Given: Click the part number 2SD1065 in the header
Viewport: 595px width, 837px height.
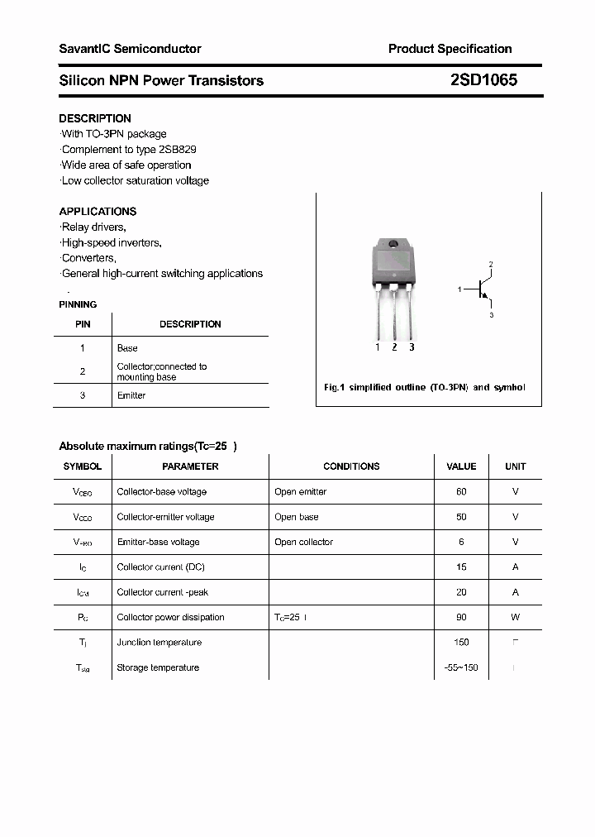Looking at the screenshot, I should (x=483, y=80).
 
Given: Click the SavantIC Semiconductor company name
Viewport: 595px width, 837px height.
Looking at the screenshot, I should (x=130, y=49).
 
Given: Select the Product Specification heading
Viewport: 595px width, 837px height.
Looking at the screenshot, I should (x=450, y=49).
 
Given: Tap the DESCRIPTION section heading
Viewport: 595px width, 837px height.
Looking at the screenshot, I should (x=95, y=118).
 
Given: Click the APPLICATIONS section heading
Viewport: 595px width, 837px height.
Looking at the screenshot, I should (x=98, y=211).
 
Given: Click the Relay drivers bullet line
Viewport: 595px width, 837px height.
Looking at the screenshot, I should (x=93, y=227).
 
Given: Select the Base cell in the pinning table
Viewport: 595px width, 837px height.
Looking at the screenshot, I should (x=127, y=348).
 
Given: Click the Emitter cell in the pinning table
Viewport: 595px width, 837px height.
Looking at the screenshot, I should (x=131, y=395).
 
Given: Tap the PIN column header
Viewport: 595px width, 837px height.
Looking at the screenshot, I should (x=83, y=324).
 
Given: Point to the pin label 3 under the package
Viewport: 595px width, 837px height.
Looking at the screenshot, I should (x=412, y=347).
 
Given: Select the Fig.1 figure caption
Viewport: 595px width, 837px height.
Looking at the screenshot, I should (x=424, y=387).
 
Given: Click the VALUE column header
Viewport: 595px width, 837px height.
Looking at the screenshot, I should (x=461, y=466).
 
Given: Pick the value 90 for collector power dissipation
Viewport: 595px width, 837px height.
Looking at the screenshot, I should (x=461, y=617).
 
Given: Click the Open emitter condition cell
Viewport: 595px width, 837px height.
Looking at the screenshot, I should (x=301, y=491).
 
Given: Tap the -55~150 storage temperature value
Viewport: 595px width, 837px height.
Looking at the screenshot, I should (x=461, y=667).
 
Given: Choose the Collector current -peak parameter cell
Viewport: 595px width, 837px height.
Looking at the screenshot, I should (x=162, y=592).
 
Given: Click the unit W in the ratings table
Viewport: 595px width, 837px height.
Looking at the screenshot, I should (x=515, y=617).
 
